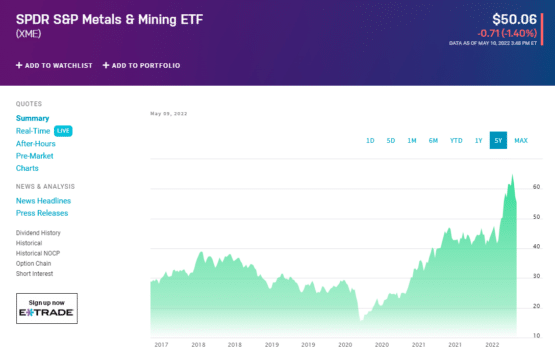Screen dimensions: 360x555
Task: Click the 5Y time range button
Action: [x=497, y=141]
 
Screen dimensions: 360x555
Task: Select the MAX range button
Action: [x=521, y=141]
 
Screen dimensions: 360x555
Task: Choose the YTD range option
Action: [x=456, y=141]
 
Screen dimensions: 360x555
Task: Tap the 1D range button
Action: [x=370, y=141]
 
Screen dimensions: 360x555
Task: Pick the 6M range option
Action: [x=433, y=141]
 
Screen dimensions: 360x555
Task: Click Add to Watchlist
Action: [x=54, y=65]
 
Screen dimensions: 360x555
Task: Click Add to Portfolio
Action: [x=141, y=65]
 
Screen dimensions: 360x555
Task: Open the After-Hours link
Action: [x=35, y=143]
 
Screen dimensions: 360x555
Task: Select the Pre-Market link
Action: [x=34, y=156]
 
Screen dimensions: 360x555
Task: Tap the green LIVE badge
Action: [x=63, y=131]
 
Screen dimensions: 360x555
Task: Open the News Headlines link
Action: [x=43, y=201]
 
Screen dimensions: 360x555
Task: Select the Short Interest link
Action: [x=35, y=273]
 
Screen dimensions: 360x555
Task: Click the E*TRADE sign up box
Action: [x=46, y=308]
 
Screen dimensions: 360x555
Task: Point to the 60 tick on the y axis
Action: [x=537, y=187]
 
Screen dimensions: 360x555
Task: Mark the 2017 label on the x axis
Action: [x=161, y=344]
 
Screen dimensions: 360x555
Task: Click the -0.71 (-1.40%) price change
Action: [x=510, y=33]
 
